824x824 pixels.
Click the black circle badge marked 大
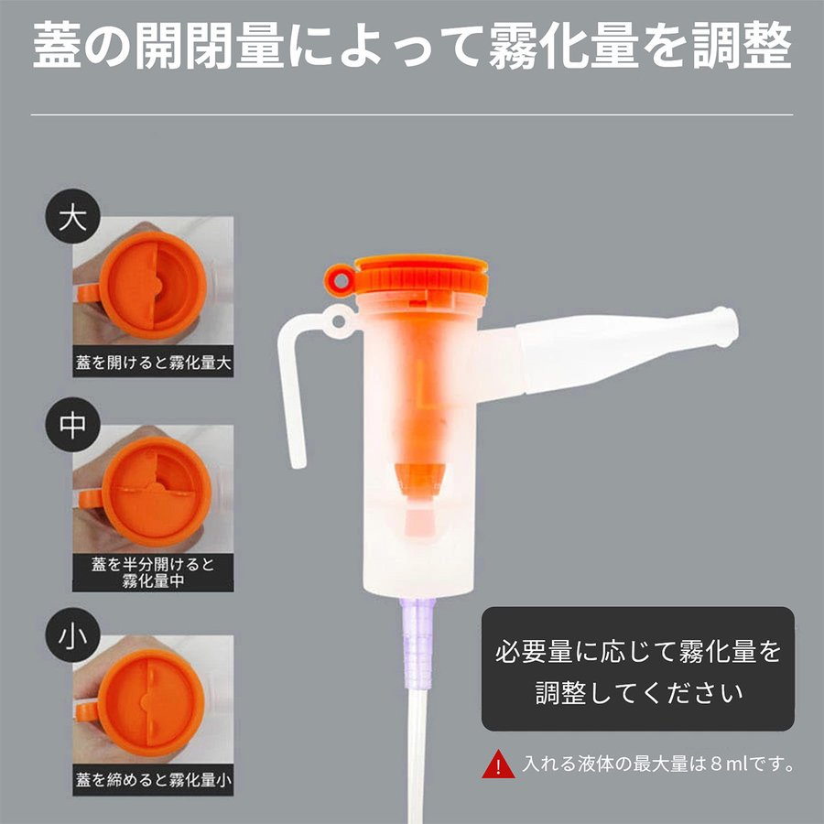click(x=71, y=219)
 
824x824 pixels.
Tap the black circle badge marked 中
click(x=71, y=427)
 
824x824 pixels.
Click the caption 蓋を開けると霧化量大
click(x=153, y=363)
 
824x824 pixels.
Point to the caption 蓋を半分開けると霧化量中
click(x=153, y=572)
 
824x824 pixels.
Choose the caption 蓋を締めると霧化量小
click(x=153, y=781)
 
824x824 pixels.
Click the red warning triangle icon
click(x=498, y=764)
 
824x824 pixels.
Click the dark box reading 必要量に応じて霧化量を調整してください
click(x=637, y=669)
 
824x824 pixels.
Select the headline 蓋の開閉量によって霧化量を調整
click(x=412, y=48)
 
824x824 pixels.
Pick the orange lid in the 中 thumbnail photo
click(x=151, y=490)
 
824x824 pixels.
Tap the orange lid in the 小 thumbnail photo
click(x=151, y=700)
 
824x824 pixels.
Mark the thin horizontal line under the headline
click(x=412, y=114)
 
